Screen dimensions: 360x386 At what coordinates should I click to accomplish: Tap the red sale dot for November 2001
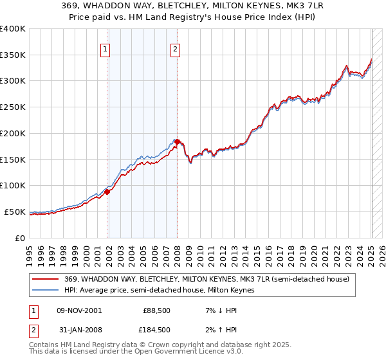point(107,192)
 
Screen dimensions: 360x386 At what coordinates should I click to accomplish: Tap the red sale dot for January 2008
point(178,141)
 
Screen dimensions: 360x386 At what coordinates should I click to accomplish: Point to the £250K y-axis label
point(13,107)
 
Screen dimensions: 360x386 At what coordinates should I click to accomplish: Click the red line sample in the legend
point(46,279)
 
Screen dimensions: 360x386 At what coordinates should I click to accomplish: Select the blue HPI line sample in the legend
point(46,290)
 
